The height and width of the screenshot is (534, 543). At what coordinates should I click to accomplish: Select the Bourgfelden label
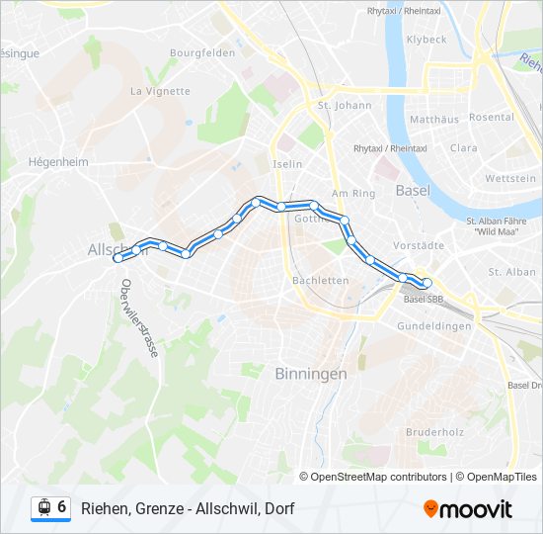coord(201,52)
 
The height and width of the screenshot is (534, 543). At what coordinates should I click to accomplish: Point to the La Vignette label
coord(159,91)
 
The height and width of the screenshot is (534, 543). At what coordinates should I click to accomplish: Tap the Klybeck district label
coord(427,40)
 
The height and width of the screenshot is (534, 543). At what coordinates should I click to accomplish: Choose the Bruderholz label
coord(435,432)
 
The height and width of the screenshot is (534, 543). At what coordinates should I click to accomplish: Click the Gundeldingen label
coord(435,325)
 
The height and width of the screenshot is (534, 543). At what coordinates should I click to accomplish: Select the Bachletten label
coord(321,280)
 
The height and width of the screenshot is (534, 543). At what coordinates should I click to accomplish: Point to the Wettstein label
coord(510,178)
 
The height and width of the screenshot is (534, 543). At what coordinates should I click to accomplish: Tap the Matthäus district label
coord(435,119)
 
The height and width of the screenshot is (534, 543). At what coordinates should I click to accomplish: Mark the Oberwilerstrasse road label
coord(139,324)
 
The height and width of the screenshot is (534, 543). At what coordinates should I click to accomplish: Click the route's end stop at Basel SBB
coord(427,284)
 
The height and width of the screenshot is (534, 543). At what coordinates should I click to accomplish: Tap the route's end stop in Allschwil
coord(118,258)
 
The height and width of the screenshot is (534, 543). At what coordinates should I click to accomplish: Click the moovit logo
coord(468,509)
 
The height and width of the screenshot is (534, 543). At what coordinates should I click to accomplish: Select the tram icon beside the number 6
coord(43,508)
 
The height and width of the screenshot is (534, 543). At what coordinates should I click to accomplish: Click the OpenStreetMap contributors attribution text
coord(372,477)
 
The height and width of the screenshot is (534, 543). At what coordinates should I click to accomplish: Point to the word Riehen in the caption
coord(103,509)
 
